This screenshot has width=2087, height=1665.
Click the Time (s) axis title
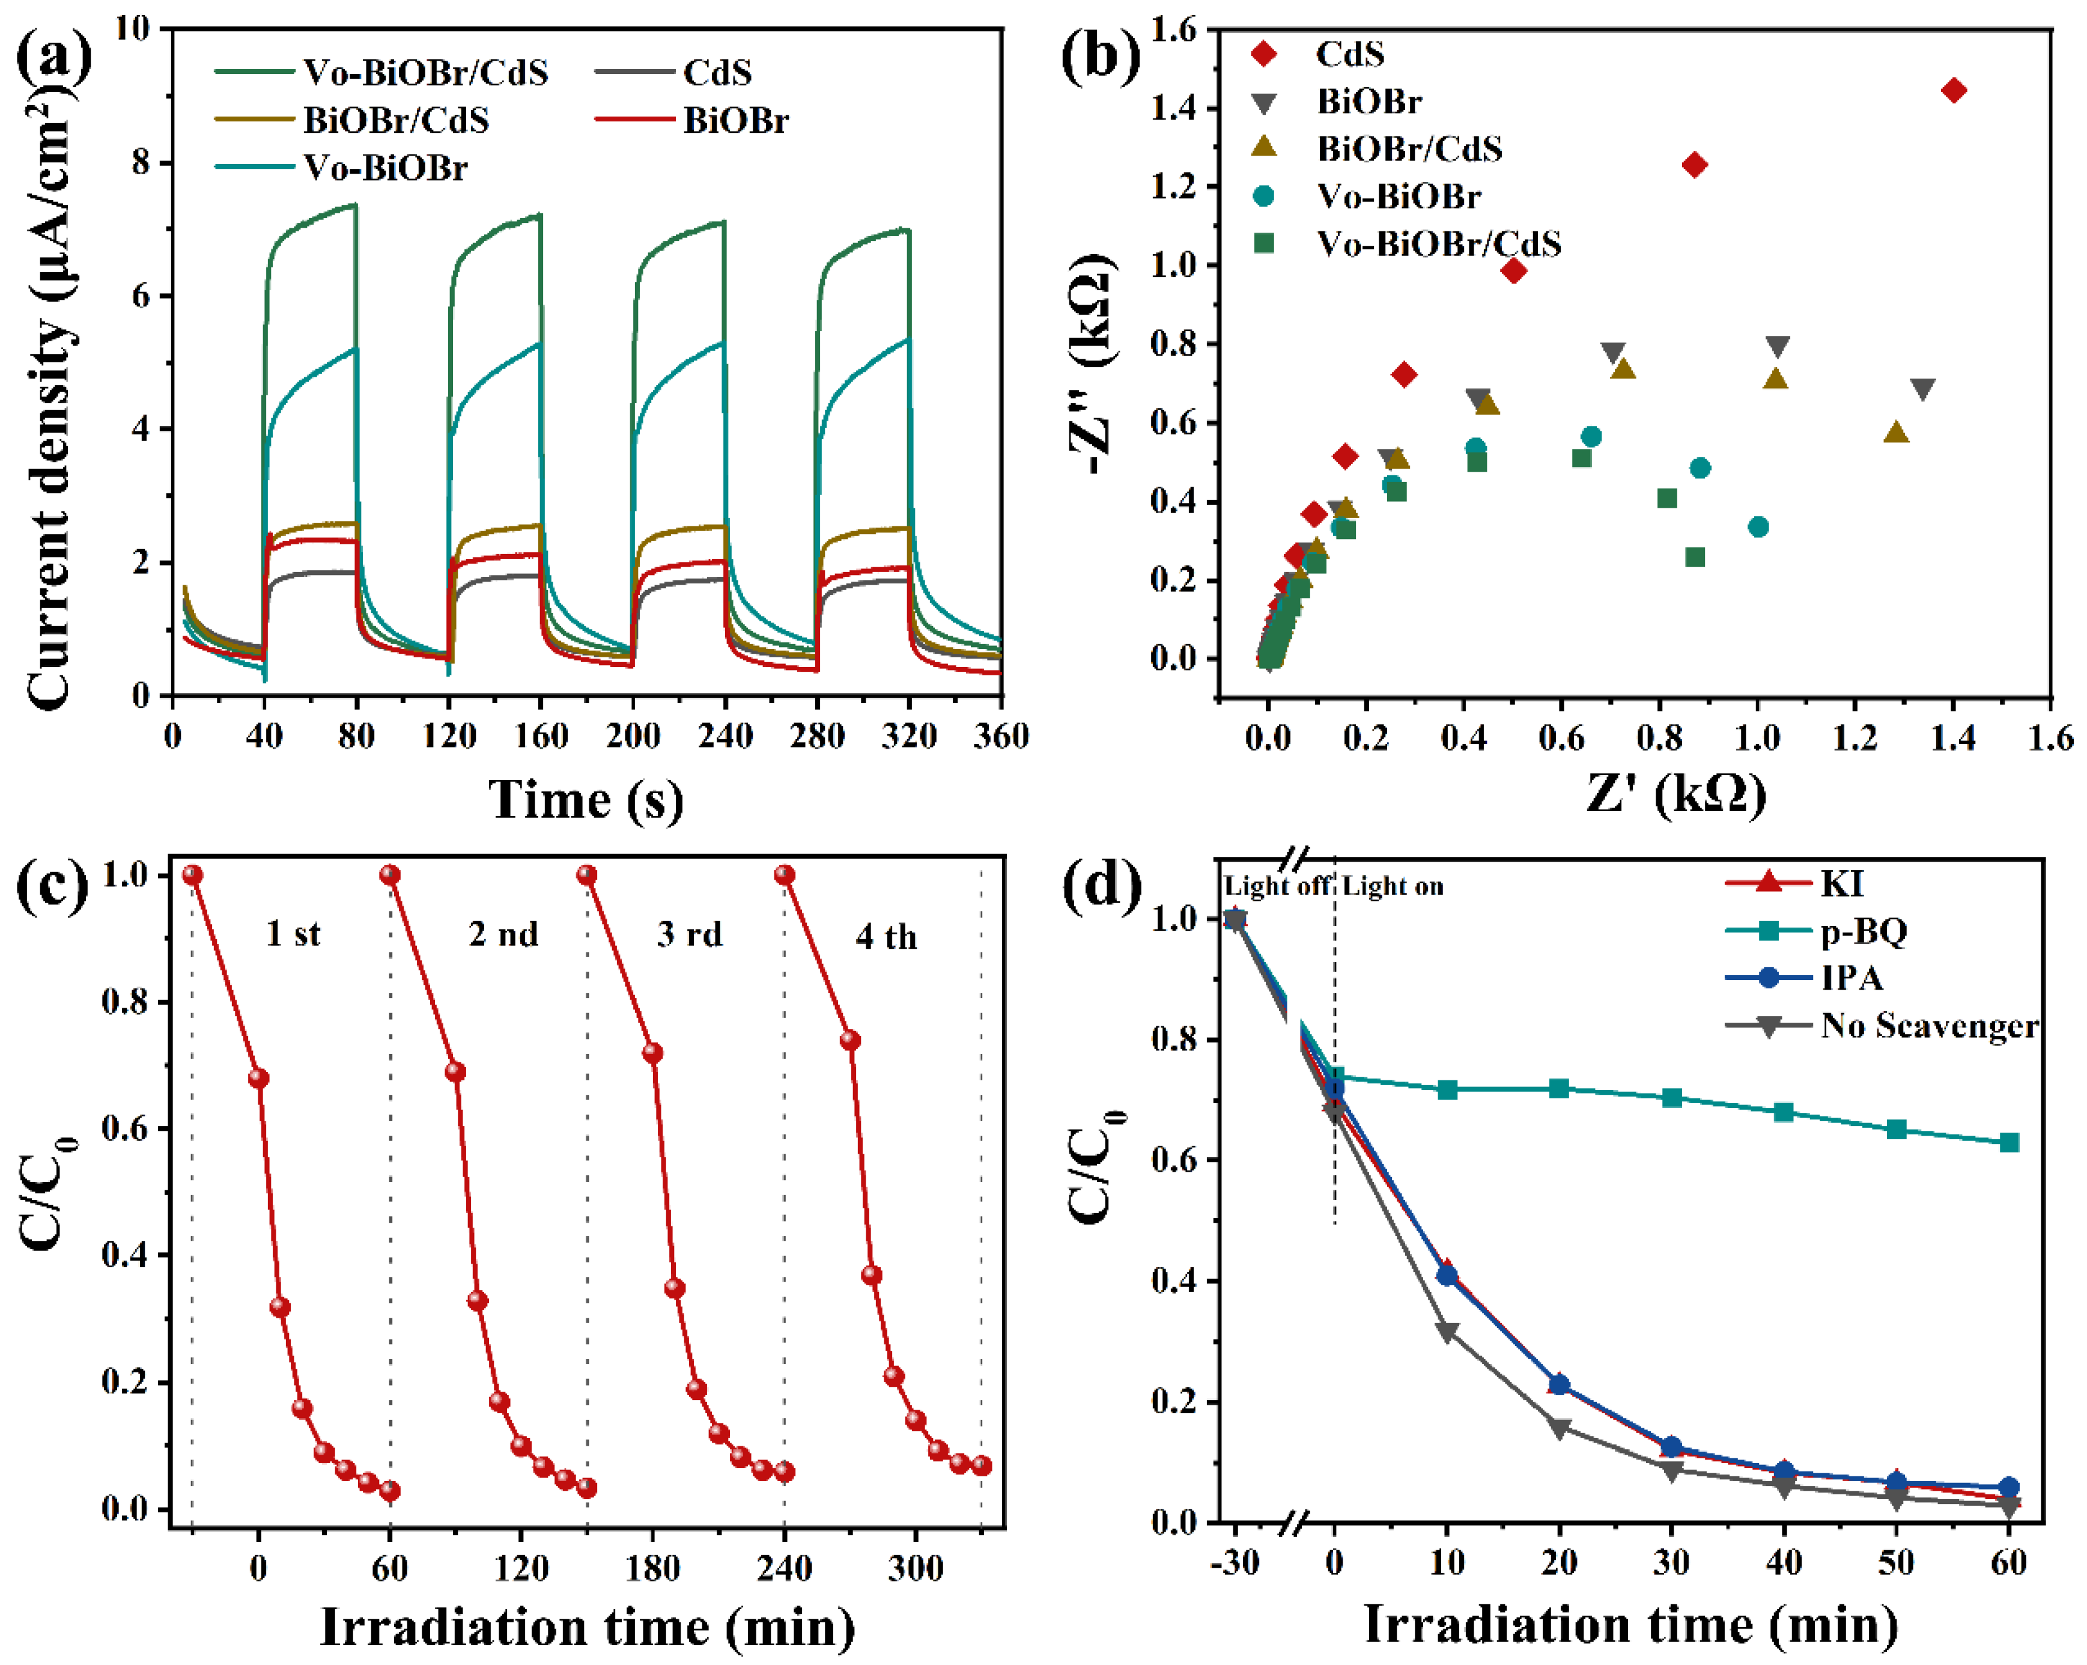[586, 800]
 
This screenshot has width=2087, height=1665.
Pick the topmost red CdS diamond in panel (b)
[1954, 91]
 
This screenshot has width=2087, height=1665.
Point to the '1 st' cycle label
[293, 934]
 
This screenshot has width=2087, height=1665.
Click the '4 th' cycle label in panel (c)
[885, 937]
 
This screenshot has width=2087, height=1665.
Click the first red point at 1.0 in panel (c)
[193, 875]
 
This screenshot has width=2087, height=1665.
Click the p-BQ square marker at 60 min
[2008, 1142]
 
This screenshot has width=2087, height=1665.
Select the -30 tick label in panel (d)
[1234, 1562]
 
